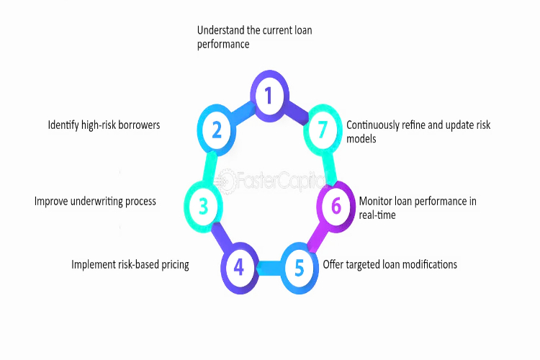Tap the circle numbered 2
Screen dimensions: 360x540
coord(217,130)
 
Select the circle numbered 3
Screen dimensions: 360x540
coord(204,207)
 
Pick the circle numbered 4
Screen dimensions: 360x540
coord(239,269)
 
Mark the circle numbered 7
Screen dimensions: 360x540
coord(323,130)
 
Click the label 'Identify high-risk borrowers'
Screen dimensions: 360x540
coord(104,125)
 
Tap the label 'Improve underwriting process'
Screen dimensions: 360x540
coord(95,202)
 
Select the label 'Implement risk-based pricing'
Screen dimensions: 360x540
coord(130,265)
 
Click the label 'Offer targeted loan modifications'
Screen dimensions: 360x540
coord(390,264)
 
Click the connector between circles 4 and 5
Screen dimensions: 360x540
coord(269,269)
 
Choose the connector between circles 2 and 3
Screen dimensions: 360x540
coord(210,167)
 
